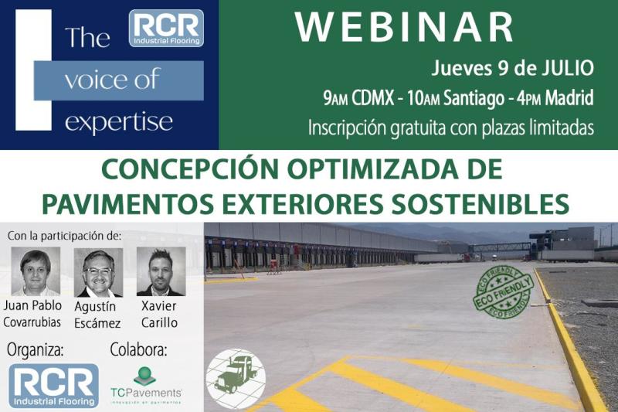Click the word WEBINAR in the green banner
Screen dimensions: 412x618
404,28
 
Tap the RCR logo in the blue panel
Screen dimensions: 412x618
166,28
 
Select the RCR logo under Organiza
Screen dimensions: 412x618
54,385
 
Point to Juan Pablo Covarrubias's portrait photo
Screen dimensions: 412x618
36,271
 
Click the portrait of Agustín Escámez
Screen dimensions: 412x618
98,271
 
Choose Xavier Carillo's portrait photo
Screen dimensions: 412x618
161,271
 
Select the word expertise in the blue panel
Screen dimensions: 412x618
119,122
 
